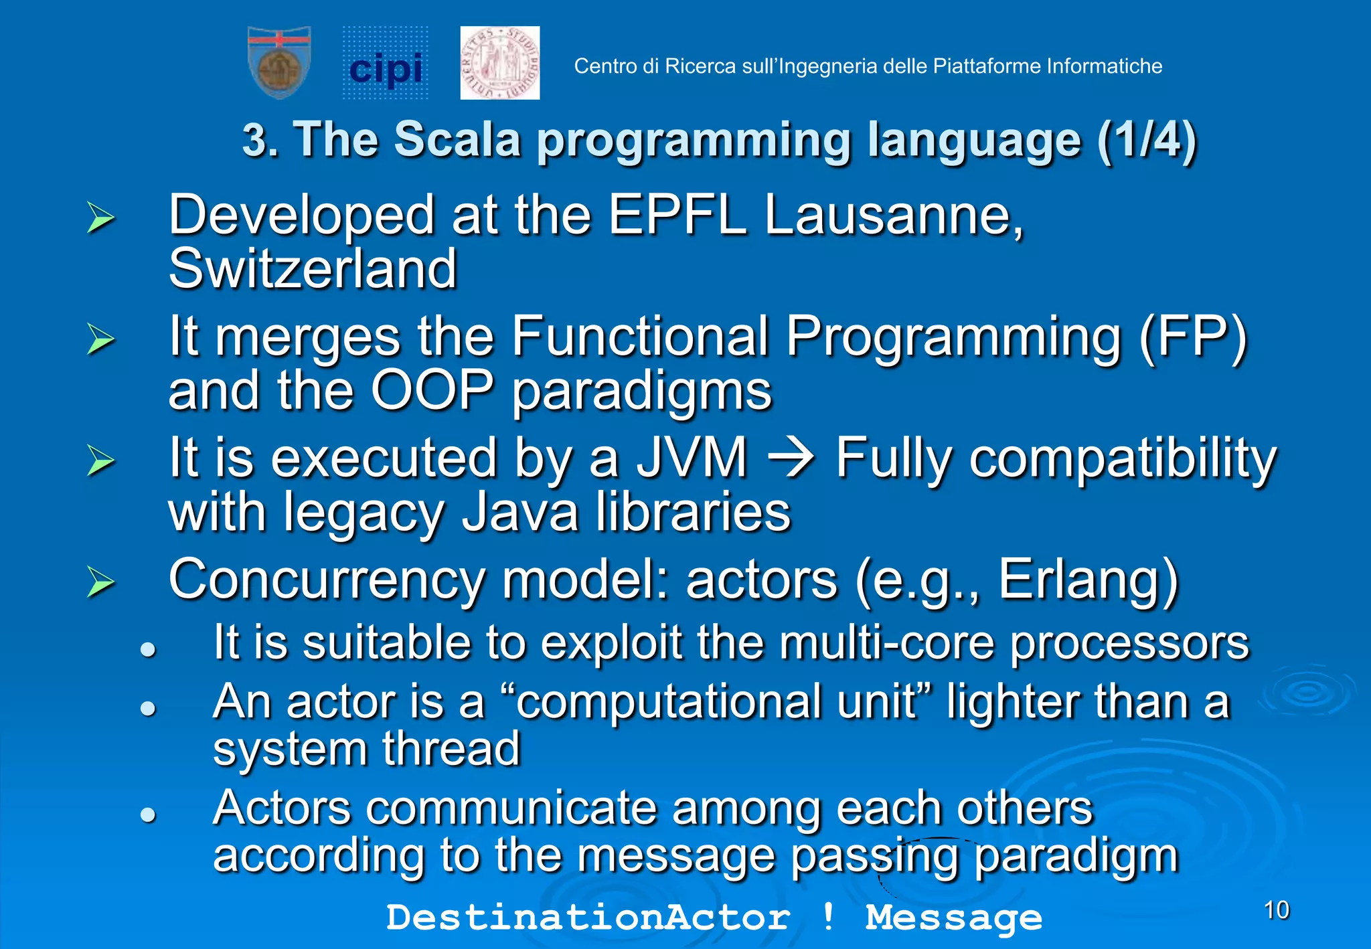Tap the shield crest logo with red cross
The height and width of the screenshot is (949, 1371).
[279, 62]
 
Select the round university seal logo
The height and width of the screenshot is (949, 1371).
[499, 63]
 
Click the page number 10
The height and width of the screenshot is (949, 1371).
[1276, 910]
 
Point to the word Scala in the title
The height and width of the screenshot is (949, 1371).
[457, 140]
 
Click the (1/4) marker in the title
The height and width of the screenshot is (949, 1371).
[1146, 140]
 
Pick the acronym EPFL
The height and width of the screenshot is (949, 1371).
[677, 215]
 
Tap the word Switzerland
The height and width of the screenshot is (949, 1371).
[313, 269]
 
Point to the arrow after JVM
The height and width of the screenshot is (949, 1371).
[791, 459]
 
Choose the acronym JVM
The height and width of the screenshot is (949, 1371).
[691, 458]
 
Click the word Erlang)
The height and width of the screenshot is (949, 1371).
[1088, 580]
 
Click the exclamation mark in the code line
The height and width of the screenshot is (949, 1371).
[828, 916]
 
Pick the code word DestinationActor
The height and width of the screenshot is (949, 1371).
[588, 917]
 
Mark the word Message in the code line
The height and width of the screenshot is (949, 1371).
[953, 917]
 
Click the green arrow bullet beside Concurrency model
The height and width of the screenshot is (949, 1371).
[100, 581]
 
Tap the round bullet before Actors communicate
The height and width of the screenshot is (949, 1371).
[148, 814]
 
